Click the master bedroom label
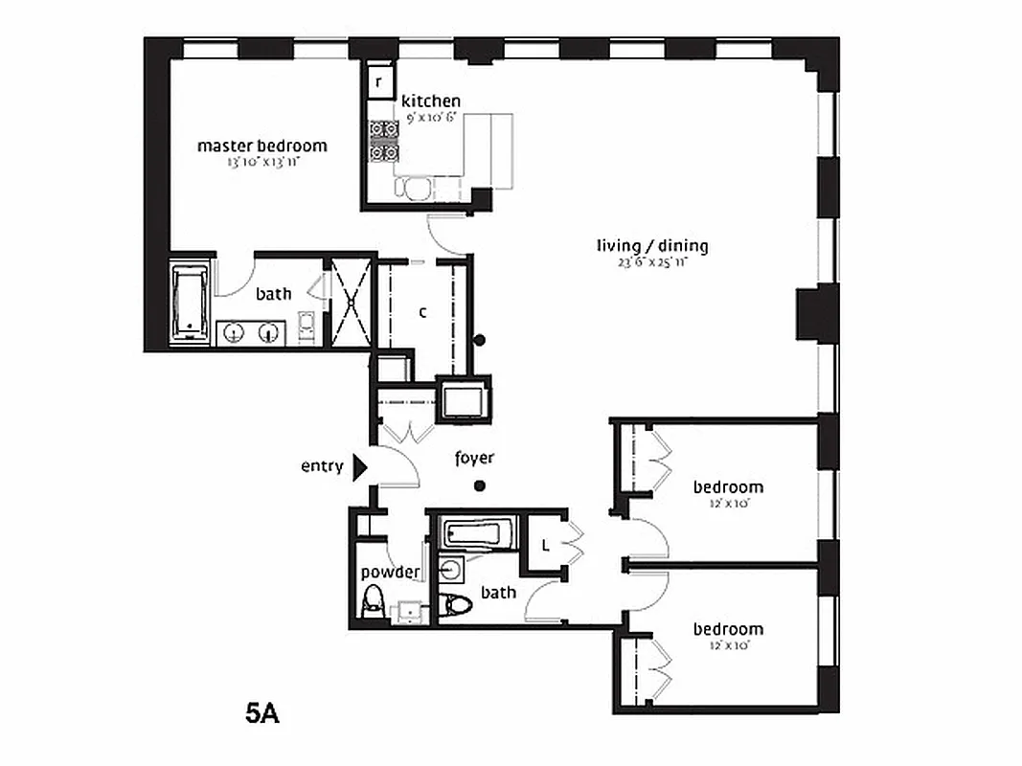point(261,146)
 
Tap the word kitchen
point(430,101)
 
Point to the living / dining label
point(651,246)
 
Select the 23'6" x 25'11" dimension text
point(651,261)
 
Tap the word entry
point(321,466)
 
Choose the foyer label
point(474,459)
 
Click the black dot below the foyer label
point(480,486)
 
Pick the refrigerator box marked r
point(378,82)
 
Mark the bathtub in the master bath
point(190,303)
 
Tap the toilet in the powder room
point(372,602)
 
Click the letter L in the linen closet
point(544,547)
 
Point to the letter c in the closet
point(422,312)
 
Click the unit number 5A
point(261,714)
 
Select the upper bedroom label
point(728,487)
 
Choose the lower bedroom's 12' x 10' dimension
point(728,645)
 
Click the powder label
point(390,573)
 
